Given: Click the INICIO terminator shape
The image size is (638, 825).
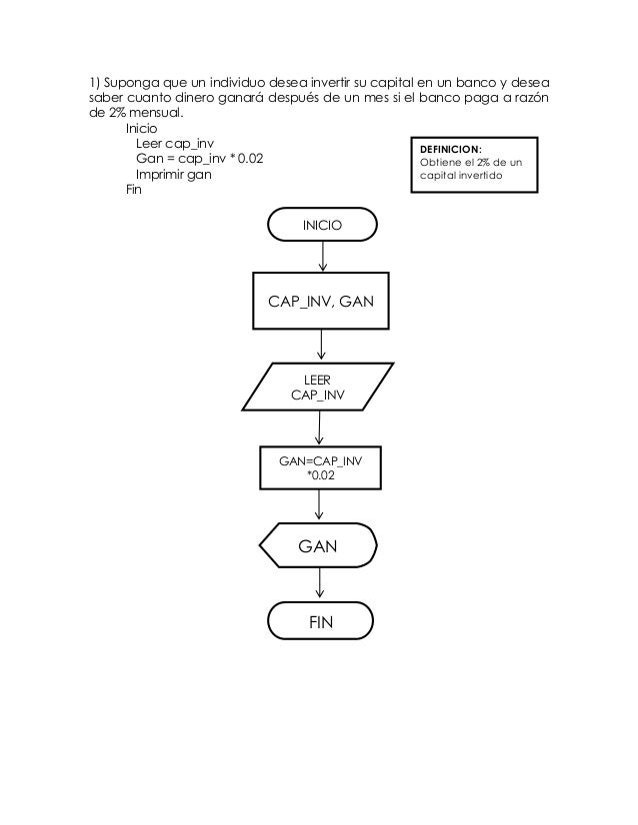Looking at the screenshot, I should coord(322,225).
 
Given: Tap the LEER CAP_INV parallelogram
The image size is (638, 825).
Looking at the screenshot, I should coord(317,387).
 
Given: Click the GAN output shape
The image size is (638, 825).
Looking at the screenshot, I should coord(318,546).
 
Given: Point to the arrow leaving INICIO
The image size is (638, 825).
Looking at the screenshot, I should coord(322,257).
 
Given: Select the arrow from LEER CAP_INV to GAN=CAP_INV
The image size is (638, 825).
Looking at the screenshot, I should coord(319,427).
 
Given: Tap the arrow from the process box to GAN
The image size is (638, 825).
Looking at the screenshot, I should coord(319,505).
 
